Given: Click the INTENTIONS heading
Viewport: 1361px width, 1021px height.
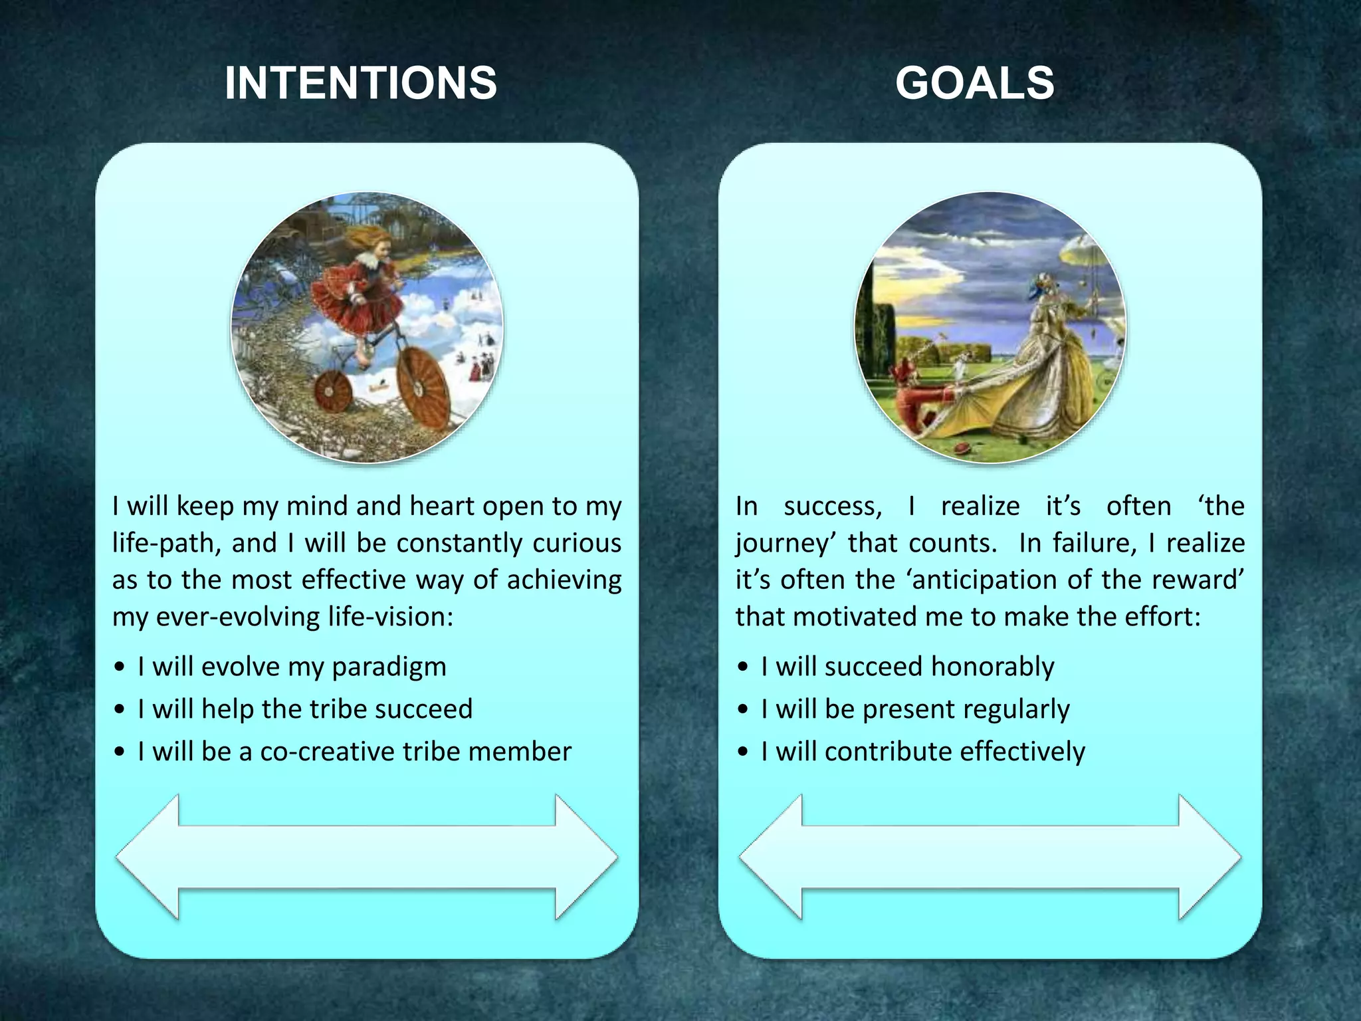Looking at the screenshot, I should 361,83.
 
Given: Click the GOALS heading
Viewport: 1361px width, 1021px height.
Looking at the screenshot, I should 974,83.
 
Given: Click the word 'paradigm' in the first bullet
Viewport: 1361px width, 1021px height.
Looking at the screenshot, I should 389,667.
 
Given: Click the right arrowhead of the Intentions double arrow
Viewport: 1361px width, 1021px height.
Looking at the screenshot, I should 585,857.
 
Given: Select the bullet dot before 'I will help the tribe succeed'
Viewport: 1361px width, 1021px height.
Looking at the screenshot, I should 119,710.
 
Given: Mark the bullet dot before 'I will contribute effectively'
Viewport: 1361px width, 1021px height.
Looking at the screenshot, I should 743,752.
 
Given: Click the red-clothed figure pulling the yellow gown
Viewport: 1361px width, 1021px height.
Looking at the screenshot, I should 914,405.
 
